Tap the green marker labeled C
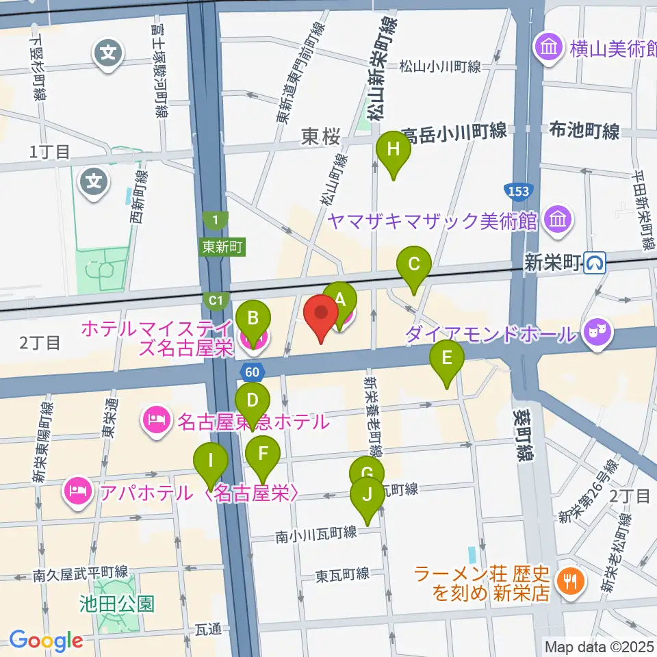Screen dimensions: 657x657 [x=413, y=264]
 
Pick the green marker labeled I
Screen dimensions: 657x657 [x=211, y=461]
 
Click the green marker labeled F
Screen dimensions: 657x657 [x=263, y=453]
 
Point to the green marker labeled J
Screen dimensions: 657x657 [x=368, y=494]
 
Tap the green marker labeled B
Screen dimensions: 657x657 [x=253, y=319]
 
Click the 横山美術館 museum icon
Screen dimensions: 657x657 [x=549, y=48]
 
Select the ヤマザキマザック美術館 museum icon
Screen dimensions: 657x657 [x=559, y=220]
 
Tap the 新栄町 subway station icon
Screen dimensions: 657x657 [x=596, y=261]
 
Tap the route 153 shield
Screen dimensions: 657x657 [x=518, y=190]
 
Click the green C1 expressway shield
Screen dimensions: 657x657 [x=215, y=300]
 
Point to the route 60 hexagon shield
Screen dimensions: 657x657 [x=250, y=372]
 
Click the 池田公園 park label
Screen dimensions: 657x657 [x=116, y=604]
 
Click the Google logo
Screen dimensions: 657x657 [x=47, y=641]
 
